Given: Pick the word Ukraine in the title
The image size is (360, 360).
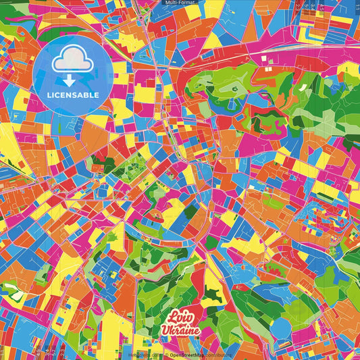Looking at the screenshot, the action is point(180,330).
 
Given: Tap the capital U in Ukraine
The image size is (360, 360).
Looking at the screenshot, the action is point(165,330).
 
